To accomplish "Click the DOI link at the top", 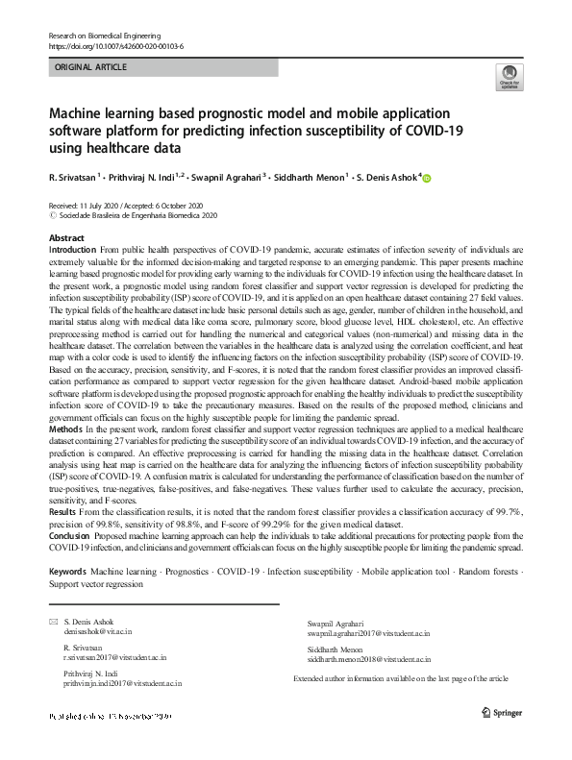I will click(x=114, y=45).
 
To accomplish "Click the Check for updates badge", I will click(x=507, y=77).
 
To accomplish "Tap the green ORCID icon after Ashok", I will click(x=429, y=178).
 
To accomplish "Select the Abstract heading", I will click(x=65, y=237).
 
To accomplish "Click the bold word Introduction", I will click(x=72, y=248).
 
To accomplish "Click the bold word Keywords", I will click(x=67, y=571).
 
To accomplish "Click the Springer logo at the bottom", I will click(x=498, y=715).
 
